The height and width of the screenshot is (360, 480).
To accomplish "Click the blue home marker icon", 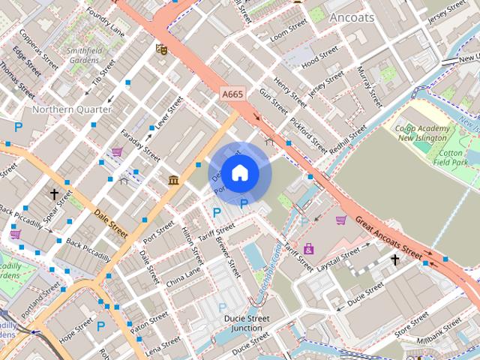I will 239,172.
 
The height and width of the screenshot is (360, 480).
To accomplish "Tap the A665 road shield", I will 232,94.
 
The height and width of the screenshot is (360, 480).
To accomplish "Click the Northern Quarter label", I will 72,109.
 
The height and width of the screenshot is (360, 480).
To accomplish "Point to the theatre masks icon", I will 160,49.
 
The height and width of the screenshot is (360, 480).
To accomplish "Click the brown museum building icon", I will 173,180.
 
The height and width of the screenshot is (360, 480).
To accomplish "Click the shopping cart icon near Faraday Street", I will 117,152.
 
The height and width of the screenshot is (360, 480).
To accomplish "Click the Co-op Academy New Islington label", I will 421,133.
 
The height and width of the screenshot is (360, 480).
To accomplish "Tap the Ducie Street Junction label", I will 247,323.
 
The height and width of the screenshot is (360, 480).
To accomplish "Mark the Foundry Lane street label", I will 105,21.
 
